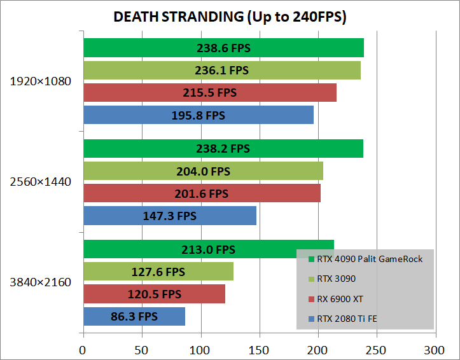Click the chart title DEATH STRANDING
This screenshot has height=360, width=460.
(x=230, y=17)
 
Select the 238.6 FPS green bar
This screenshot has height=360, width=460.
(x=223, y=48)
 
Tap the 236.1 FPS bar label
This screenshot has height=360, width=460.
(x=221, y=70)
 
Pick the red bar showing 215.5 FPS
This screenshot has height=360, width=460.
(x=209, y=93)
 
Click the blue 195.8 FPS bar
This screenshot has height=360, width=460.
(x=198, y=115)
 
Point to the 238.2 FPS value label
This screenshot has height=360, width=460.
(x=222, y=149)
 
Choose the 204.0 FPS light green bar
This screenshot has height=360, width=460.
(x=202, y=171)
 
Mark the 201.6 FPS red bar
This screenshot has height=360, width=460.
(x=200, y=193)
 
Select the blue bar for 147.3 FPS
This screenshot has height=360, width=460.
(x=169, y=216)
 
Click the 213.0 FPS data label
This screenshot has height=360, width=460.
(x=207, y=250)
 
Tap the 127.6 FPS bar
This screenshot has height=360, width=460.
(x=158, y=272)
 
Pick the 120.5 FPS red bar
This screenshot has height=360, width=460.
(x=153, y=294)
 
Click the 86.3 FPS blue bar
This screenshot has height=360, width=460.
(x=134, y=316)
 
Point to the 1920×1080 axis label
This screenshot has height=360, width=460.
(x=41, y=81)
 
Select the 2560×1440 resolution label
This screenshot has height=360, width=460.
(x=41, y=182)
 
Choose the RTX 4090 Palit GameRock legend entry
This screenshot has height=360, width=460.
(x=365, y=259)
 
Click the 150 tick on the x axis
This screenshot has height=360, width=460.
(x=259, y=349)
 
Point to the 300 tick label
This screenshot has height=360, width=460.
(x=435, y=349)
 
